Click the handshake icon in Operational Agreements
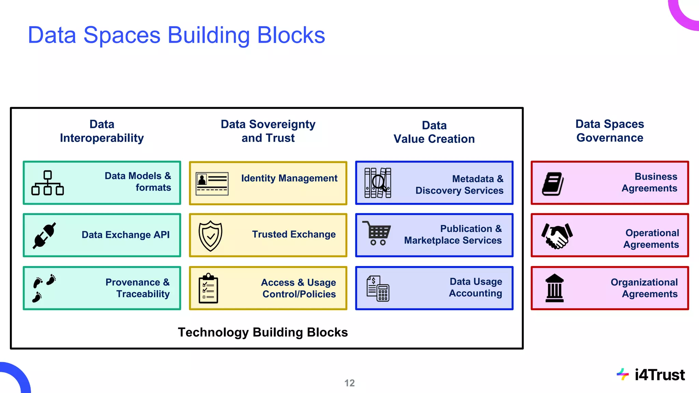pos(557,236)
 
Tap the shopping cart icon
pos(377,233)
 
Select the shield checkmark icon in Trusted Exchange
pos(210,236)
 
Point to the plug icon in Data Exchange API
pos(44,236)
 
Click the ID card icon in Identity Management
pos(212,184)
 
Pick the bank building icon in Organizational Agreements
pos(554,288)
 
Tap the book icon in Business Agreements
pos(553,184)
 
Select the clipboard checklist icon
pos(208,288)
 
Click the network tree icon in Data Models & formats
pos(47,183)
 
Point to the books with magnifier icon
pos(377,183)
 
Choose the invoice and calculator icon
pos(377,289)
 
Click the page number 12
pos(349,383)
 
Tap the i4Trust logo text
pos(659,375)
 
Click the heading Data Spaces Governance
pos(610,131)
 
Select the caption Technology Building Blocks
pos(263,332)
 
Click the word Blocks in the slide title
pos(291,35)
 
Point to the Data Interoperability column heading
pos(102,131)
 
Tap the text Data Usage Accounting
pos(475,287)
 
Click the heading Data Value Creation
pos(434,132)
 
